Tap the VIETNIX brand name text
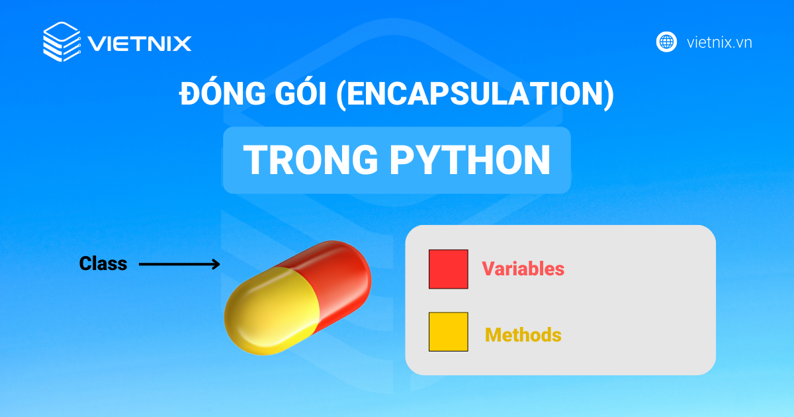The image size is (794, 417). [x=140, y=44]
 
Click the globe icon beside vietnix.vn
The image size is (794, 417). [x=666, y=42]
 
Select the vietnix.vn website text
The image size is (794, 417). [x=719, y=42]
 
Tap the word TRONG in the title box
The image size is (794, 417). [x=308, y=160]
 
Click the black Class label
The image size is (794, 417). [x=103, y=264]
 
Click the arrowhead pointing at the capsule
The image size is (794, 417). [x=214, y=265]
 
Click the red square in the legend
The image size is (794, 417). [x=448, y=269]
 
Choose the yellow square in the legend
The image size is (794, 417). [x=448, y=332]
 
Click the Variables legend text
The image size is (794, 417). [x=523, y=269]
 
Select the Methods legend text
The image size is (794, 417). [x=523, y=335]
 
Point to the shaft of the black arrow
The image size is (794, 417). [x=172, y=265]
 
